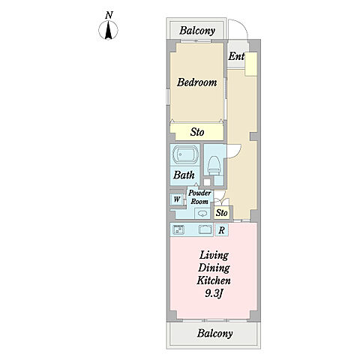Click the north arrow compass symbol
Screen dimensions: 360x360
(108, 30)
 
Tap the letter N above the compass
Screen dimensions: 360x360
(109, 15)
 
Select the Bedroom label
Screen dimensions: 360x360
(196, 82)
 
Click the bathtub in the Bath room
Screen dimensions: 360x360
(185, 154)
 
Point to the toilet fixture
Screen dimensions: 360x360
(214, 166)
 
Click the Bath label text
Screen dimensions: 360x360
(184, 175)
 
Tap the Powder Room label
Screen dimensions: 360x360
(199, 197)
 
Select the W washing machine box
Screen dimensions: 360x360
(177, 199)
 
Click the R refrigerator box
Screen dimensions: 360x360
(221, 230)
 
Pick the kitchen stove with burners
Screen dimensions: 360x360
(178, 229)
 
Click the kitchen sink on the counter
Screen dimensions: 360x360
(205, 229)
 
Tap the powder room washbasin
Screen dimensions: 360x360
(202, 214)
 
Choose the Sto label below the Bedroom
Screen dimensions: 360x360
(197, 132)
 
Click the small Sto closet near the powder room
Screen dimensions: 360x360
(222, 213)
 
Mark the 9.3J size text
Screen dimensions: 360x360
(214, 293)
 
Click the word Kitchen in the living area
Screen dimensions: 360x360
(214, 280)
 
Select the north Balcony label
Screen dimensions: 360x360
(197, 31)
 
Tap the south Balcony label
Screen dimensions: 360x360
(214, 333)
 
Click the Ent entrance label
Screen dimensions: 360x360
(236, 56)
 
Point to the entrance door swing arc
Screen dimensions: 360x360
(242, 24)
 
